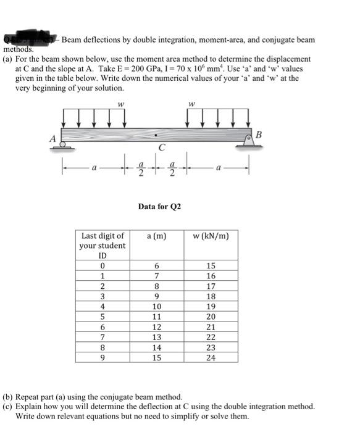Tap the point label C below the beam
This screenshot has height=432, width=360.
pos(162,148)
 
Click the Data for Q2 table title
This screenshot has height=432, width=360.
pos(159,206)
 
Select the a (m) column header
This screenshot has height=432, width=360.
pos(156,235)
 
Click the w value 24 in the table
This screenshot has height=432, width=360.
pos(211,357)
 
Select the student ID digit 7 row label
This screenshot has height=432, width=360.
pos(103,336)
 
